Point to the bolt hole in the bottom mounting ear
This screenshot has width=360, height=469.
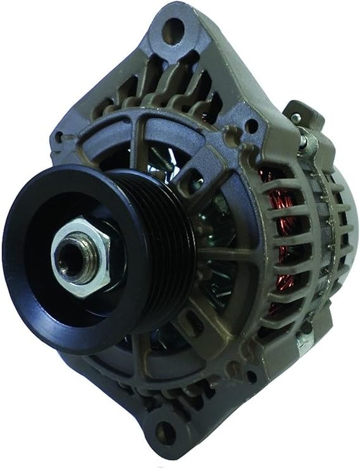pos(166,433)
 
